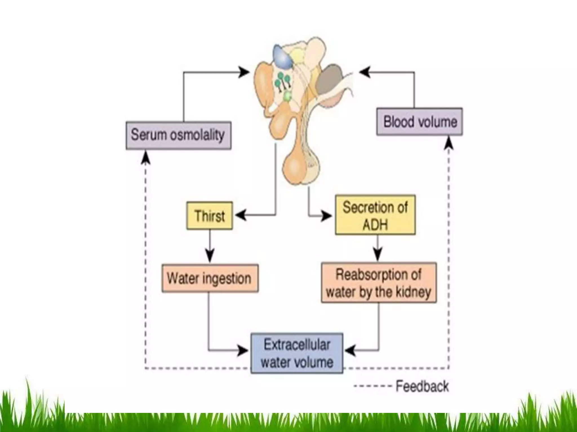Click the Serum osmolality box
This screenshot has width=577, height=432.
(x=178, y=135)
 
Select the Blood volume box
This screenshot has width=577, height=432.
(x=419, y=121)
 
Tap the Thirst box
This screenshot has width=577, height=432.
(x=210, y=215)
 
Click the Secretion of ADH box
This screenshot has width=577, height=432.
(x=375, y=215)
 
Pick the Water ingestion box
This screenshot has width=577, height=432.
(x=210, y=278)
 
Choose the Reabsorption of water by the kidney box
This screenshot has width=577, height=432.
(x=379, y=283)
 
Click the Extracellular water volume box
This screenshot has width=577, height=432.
(x=297, y=353)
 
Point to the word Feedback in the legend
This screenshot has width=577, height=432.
(x=422, y=386)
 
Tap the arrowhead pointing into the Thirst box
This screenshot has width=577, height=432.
(x=240, y=215)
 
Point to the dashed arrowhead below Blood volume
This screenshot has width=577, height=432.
(x=449, y=143)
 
